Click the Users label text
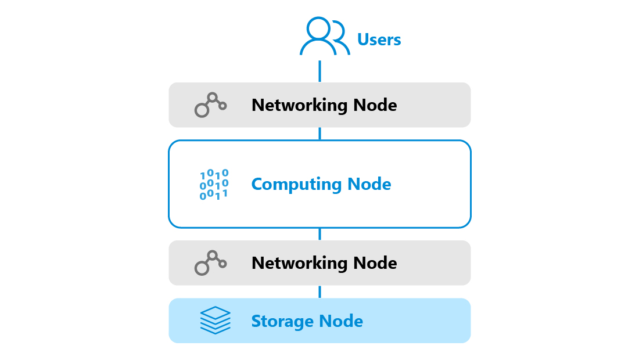pos(379,39)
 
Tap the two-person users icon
pos(325,36)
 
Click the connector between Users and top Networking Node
pos(319,71)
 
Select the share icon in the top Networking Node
pos(210,105)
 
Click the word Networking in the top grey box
pos(300,106)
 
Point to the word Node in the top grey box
pos(375,105)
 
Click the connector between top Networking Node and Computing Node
pos(319,134)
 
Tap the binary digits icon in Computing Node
pos(214,185)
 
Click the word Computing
pos(297,185)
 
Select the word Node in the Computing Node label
pos(369,184)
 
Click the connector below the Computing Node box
pos(319,234)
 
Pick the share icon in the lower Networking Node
pos(210,263)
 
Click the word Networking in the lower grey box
pos(300,264)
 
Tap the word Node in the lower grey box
pos(375,263)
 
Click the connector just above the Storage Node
pos(319,291)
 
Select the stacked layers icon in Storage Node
pos(215,321)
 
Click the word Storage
pos(282,322)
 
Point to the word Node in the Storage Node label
pos(340,321)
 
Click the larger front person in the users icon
pos(318,36)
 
